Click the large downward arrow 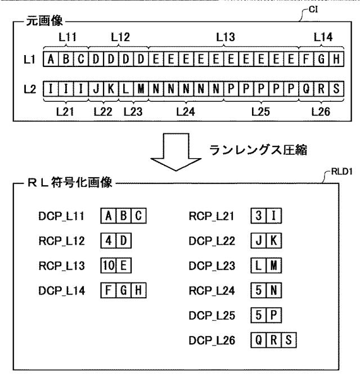[x=176, y=152]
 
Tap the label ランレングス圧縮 [x=258, y=150]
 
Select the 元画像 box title [x=44, y=21]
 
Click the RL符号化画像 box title [x=70, y=182]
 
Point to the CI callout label [x=313, y=10]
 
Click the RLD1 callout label [x=342, y=172]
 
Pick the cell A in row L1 [x=51, y=59]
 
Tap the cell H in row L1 [x=336, y=59]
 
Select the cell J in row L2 [x=96, y=89]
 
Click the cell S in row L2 [x=336, y=89]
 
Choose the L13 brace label [x=226, y=37]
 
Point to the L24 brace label [x=186, y=112]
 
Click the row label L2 [x=30, y=89]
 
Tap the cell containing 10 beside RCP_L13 [x=109, y=265]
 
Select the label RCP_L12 [x=61, y=241]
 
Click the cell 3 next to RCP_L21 [x=258, y=216]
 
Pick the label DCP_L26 [x=212, y=340]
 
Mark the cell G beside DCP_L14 [x=123, y=290]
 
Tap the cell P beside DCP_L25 [x=274, y=315]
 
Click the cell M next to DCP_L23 [x=274, y=265]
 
